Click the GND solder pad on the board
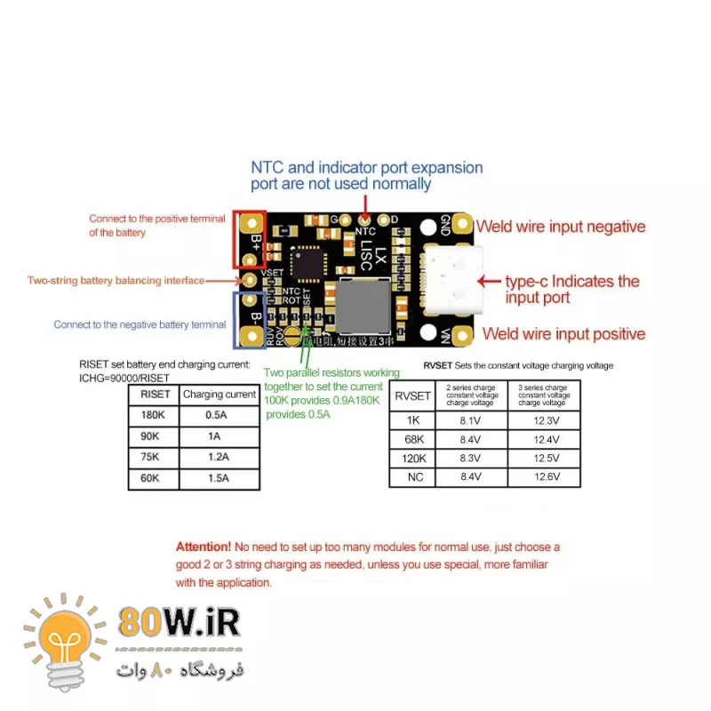click(460, 225)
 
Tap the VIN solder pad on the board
click(460, 334)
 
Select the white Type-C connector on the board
click(453, 279)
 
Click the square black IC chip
click(310, 262)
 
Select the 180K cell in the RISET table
click(154, 415)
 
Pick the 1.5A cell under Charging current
click(219, 478)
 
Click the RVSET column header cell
click(411, 395)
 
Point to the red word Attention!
click(204, 547)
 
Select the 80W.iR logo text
click(178, 621)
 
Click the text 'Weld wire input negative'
click(561, 227)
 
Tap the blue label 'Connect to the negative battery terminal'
click(140, 324)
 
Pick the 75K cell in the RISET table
click(154, 458)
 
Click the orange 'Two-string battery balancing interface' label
click(115, 281)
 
